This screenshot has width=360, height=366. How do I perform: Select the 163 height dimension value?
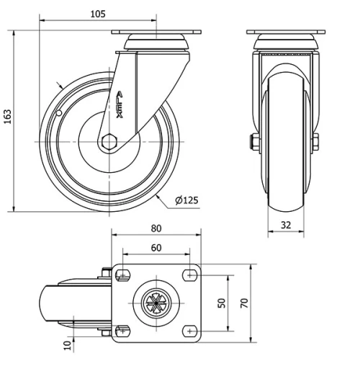(x=8, y=116)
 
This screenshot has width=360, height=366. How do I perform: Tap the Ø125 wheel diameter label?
(x=186, y=200)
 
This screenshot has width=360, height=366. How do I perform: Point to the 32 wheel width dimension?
(x=285, y=224)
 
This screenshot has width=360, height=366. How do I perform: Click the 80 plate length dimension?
(x=156, y=228)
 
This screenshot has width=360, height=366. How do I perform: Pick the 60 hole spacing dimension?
(x=156, y=248)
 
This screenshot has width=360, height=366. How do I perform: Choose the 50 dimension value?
(x=222, y=302)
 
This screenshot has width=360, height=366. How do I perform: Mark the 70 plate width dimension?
(x=244, y=303)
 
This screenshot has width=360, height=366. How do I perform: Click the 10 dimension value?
(x=66, y=345)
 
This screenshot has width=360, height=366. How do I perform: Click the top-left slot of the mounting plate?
(x=121, y=274)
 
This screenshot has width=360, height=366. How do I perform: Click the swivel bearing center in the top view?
(x=156, y=303)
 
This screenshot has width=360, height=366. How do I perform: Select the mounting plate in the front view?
(x=286, y=34)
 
